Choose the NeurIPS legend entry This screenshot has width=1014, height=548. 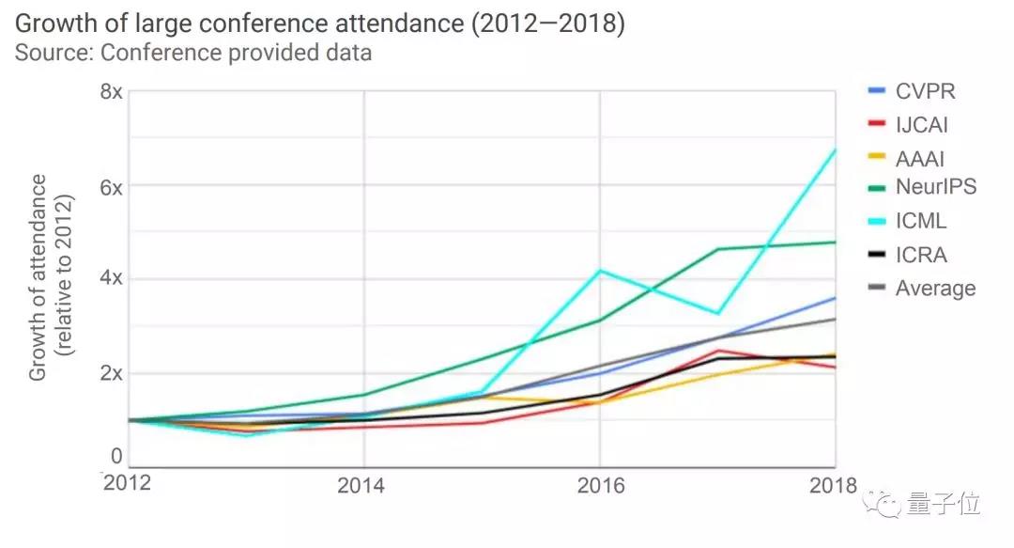[x=935, y=187]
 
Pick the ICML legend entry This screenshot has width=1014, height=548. [x=921, y=222]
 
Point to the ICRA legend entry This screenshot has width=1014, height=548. [x=921, y=255]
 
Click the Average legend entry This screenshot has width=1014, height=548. [x=935, y=288]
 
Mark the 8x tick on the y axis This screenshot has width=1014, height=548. [x=111, y=92]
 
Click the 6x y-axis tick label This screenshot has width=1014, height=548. [x=111, y=186]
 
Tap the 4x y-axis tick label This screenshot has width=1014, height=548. [x=111, y=279]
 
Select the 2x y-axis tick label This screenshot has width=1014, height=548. [x=111, y=373]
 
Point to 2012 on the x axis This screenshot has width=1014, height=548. [x=127, y=483]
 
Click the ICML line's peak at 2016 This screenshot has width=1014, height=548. [x=599, y=271]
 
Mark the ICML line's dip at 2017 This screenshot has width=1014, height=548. [x=717, y=313]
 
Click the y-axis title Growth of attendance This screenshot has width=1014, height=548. [x=38, y=277]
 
